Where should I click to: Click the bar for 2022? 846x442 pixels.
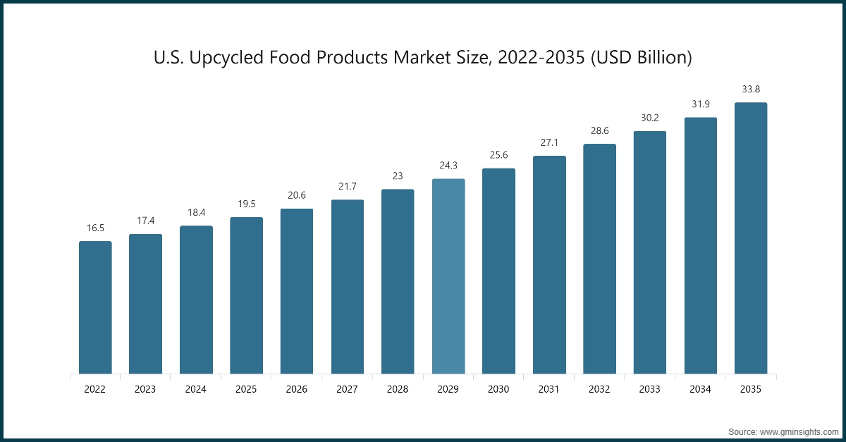[95, 307]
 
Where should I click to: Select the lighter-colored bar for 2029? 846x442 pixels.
[448, 276]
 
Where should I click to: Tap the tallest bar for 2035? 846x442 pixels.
[751, 238]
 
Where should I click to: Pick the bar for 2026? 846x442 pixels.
[297, 291]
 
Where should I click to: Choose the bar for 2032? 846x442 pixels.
[599, 259]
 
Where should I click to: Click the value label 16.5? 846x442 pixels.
[95, 229]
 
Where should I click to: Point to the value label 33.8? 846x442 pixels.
[751, 90]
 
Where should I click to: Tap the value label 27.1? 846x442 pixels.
[549, 143]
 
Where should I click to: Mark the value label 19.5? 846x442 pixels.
[246, 204]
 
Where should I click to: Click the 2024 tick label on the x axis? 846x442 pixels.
[196, 389]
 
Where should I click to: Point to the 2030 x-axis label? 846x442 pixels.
[498, 389]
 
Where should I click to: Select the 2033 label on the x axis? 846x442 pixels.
[650, 389]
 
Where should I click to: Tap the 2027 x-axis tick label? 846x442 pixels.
[348, 389]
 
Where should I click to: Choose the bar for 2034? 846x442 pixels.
[701, 245]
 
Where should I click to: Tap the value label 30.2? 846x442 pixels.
[650, 118]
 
